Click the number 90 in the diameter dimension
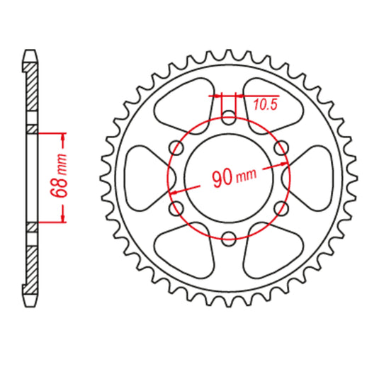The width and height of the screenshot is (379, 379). (x=223, y=178)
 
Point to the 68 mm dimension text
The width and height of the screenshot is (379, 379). (x=62, y=176)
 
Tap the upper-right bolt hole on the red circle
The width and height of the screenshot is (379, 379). (x=281, y=147)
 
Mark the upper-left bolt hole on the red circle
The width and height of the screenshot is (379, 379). (x=176, y=147)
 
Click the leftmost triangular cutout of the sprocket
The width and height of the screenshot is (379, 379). (x=144, y=178)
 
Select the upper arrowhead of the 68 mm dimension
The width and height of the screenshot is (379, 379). (x=64, y=137)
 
